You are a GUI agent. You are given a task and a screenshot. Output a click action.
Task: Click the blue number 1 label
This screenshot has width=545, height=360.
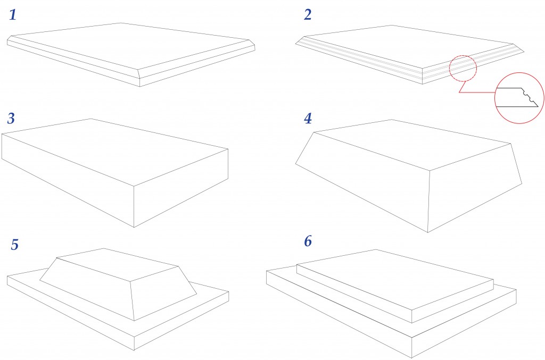[13, 14]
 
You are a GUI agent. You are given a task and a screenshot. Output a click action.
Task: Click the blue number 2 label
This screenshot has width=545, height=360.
[308, 14]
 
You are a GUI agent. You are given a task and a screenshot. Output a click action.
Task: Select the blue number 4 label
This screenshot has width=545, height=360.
[307, 118]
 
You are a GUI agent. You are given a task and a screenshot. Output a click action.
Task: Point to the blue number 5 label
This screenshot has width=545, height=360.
[15, 245]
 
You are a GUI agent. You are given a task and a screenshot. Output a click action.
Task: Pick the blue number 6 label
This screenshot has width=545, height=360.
[308, 241]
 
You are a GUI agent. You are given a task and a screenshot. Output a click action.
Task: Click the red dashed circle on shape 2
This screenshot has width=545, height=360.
[463, 70]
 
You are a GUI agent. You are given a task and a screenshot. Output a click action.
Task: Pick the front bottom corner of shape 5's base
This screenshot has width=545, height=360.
[134, 350]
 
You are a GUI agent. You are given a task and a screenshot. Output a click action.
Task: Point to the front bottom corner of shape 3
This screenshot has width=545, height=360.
[134, 227]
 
